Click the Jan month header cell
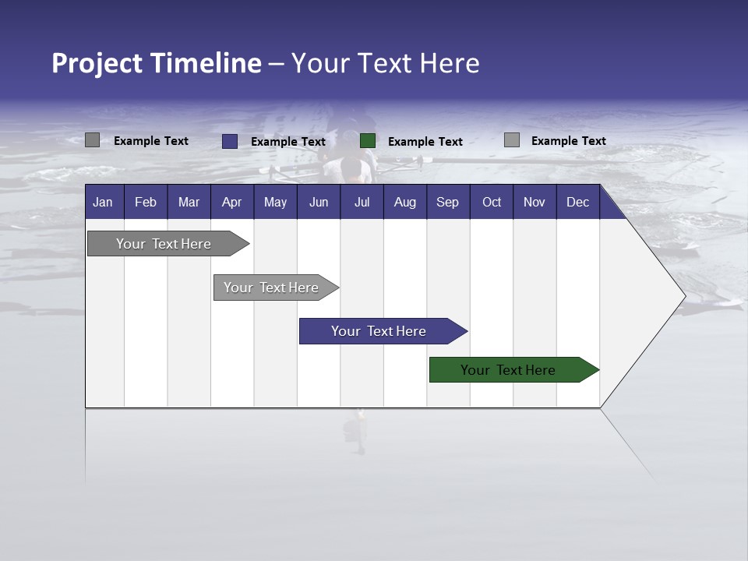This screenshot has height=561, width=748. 104,202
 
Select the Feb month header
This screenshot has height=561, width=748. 146,202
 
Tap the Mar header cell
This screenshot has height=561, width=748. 189,202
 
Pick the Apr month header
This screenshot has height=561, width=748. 232,202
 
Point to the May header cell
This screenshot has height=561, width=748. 275,202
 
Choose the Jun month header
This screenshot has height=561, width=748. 319,202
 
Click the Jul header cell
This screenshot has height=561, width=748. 362,202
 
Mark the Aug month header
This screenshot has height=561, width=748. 405,202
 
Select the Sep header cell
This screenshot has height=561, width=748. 448,202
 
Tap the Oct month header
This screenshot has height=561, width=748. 492,202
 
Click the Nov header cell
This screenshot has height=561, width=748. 535,202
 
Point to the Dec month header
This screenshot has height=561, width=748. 578,202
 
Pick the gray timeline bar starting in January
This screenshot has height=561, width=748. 164,244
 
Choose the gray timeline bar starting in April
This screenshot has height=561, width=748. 272,288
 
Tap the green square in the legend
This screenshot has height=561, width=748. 368,141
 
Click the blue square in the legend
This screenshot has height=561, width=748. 230,141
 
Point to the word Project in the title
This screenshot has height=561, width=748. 97,63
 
